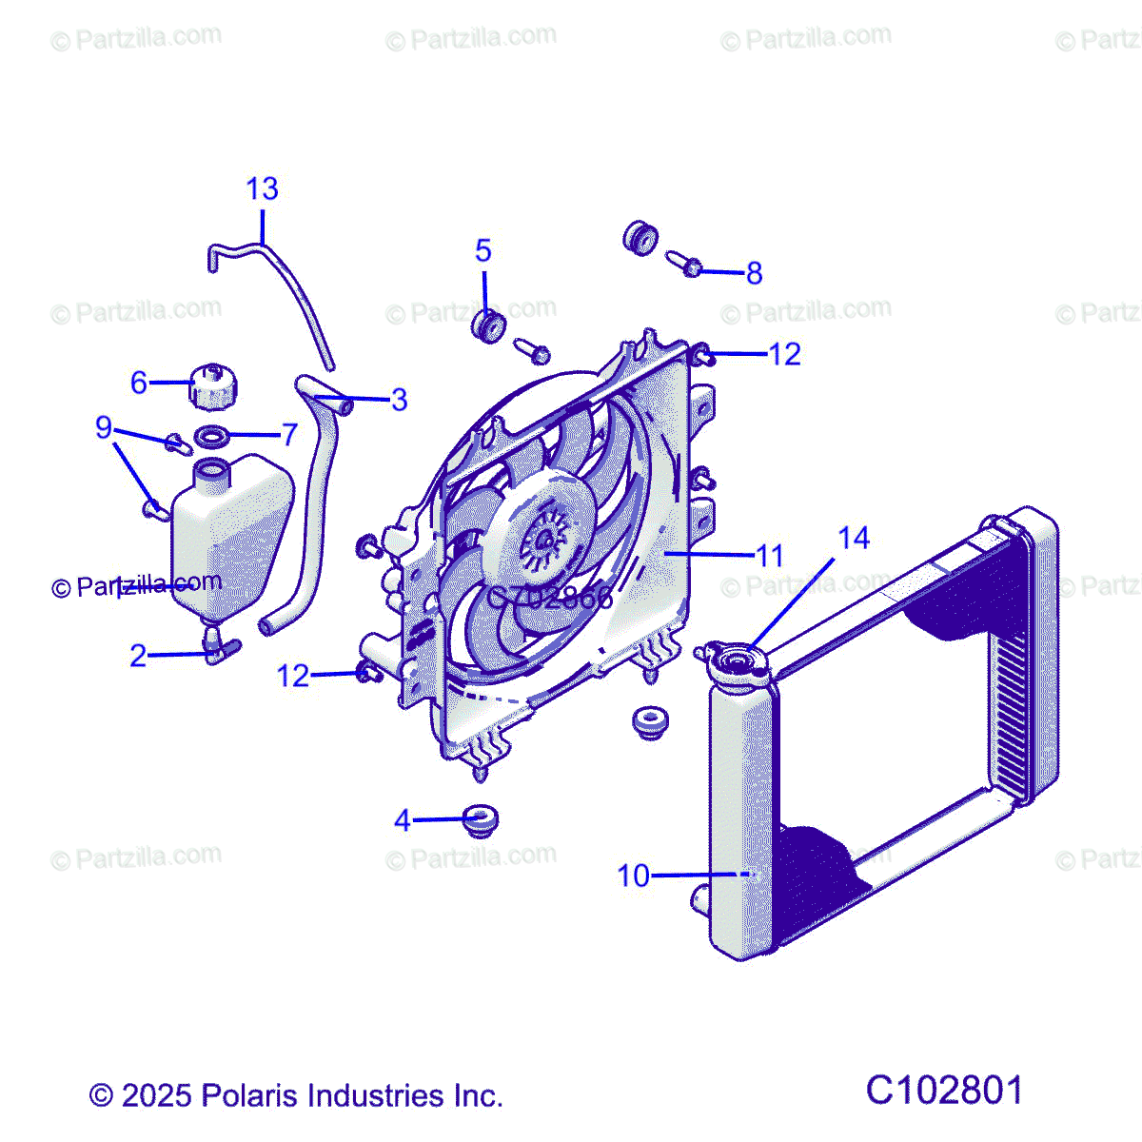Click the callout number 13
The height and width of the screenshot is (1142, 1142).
pos(262,189)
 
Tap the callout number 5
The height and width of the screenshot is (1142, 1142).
pos(483,251)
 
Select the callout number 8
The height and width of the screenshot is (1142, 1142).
pos(754,274)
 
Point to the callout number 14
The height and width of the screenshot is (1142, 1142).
pos(854,539)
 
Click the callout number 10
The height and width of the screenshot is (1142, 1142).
pos(633,876)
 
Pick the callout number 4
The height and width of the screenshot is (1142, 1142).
pos(403,820)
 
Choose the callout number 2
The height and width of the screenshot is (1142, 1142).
pos(139,656)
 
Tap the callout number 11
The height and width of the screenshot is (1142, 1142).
pos(769,556)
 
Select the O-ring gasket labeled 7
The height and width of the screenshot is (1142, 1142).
pos(212,437)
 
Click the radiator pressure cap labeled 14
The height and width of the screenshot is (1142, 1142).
pos(734,662)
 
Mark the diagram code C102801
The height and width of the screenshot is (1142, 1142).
pos(944,1091)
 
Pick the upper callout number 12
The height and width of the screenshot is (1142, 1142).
pos(784,354)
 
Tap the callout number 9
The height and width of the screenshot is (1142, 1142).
pos(104,427)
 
